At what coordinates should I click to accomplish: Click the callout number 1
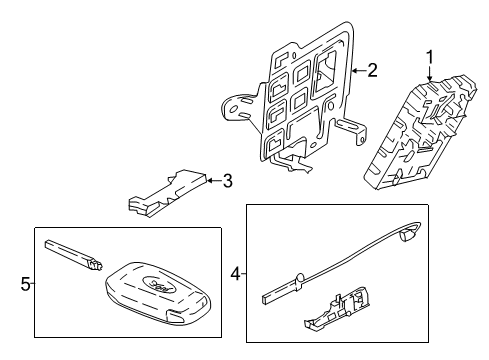[431, 56]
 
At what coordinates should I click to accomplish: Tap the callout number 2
[372, 70]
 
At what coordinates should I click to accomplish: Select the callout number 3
[227, 181]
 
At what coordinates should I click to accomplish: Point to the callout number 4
[236, 272]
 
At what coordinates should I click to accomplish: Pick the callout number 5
[25, 284]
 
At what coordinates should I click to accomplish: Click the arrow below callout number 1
[431, 75]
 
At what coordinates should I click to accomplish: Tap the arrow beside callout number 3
[211, 181]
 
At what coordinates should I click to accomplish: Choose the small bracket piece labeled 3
[165, 192]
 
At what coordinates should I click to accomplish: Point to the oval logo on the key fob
[150, 282]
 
